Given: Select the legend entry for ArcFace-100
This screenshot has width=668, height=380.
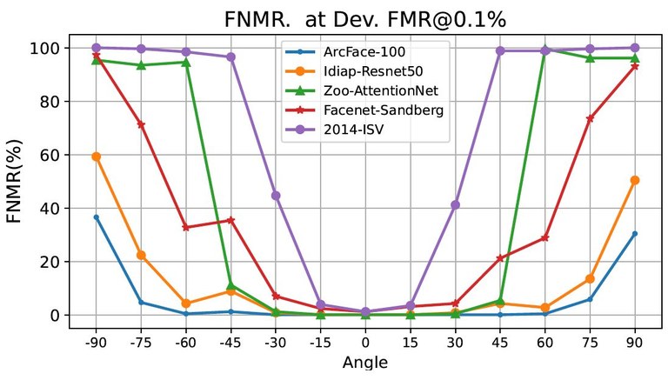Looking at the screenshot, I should pos(358,52).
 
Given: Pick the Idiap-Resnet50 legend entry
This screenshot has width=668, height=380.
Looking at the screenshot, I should pos(364,71).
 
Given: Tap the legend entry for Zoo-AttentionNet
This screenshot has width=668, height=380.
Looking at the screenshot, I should pos(372,90).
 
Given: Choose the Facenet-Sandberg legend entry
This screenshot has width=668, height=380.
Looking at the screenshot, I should pos(372,109).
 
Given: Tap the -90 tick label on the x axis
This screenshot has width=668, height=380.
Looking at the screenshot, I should pos(96,343).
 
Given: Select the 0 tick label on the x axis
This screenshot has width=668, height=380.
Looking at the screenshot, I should pos(365,343).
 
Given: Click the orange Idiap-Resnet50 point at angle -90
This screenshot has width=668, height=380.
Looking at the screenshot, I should pos(96,157).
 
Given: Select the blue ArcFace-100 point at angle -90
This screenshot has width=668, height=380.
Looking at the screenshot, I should pos(96,217).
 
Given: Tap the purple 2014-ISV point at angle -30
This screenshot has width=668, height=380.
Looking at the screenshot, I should pos(276,196).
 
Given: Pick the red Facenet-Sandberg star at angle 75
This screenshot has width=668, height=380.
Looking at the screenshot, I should pos(590,118).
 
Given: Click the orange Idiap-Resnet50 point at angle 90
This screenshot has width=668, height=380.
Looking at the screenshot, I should pos(635,180).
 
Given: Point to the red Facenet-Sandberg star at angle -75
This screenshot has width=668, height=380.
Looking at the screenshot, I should pos(141,124).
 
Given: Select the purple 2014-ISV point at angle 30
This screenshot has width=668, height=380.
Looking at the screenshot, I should pos(455,204).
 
